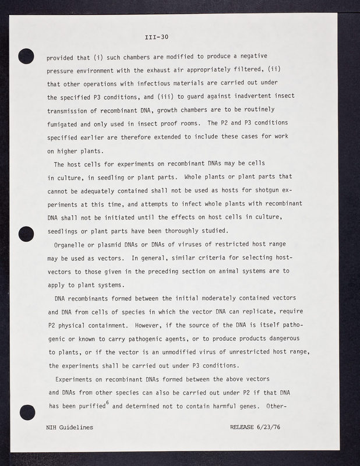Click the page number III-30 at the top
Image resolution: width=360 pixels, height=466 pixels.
coord(157,38)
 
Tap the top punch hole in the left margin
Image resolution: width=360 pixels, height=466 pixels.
coord(27,57)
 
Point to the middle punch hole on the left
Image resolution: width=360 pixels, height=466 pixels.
coord(27,234)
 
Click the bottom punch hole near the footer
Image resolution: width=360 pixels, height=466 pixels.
coord(27,411)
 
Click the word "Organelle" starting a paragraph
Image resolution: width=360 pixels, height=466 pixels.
coord(72,245)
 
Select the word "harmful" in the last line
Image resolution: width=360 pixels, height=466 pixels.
coord(214,406)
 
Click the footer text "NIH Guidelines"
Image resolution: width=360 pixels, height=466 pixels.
coord(69,427)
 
